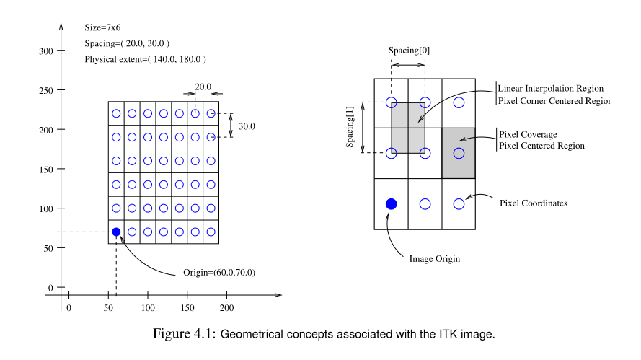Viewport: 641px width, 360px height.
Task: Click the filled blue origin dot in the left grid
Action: pyautogui.click(x=116, y=232)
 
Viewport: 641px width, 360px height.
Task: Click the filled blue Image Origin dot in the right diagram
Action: pyautogui.click(x=391, y=203)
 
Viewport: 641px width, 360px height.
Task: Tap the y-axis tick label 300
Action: pyautogui.click(x=46, y=51)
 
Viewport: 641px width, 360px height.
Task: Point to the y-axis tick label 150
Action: pyautogui.click(x=46, y=170)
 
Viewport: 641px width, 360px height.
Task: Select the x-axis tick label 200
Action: pyautogui.click(x=227, y=308)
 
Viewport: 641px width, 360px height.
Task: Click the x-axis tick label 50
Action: pyautogui.click(x=109, y=308)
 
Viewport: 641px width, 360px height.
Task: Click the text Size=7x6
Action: pyautogui.click(x=102, y=28)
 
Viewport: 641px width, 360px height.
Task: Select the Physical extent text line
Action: pyautogui.click(x=146, y=58)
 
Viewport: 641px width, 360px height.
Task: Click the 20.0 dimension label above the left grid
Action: pyautogui.click(x=203, y=87)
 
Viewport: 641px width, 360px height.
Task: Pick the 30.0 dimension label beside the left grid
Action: pyautogui.click(x=247, y=126)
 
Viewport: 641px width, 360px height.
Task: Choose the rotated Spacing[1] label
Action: pyautogui.click(x=351, y=127)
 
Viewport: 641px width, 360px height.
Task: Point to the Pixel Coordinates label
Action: pyautogui.click(x=534, y=203)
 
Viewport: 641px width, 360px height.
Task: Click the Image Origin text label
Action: pyautogui.click(x=434, y=258)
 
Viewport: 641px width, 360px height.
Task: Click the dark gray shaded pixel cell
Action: pyautogui.click(x=458, y=153)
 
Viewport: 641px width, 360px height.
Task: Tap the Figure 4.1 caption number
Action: pyautogui.click(x=185, y=335)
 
